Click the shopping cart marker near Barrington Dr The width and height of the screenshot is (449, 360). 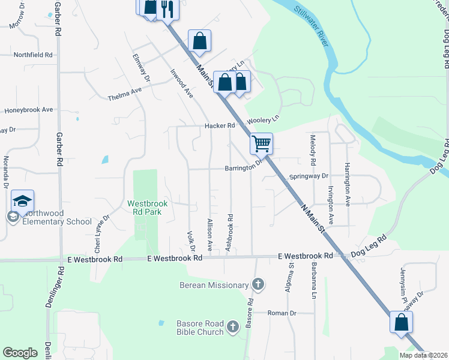tap(261, 143)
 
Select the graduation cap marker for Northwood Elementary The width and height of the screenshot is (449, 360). tap(22, 200)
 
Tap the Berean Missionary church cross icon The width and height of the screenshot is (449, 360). tap(258, 285)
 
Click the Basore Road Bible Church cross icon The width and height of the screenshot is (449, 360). tap(233, 326)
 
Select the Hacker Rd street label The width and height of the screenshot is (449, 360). tap(219, 126)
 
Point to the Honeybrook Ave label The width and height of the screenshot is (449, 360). tap(29, 110)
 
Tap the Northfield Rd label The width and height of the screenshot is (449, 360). tap(33, 55)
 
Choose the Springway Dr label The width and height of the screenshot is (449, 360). tap(309, 176)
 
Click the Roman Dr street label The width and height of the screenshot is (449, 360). tap(282, 313)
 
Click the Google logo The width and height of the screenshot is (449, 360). tap(20, 353)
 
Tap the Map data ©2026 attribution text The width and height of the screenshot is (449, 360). tap(423, 355)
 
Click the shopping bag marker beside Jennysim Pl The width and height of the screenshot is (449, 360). tap(400, 322)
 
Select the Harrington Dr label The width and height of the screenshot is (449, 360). tap(346, 180)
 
